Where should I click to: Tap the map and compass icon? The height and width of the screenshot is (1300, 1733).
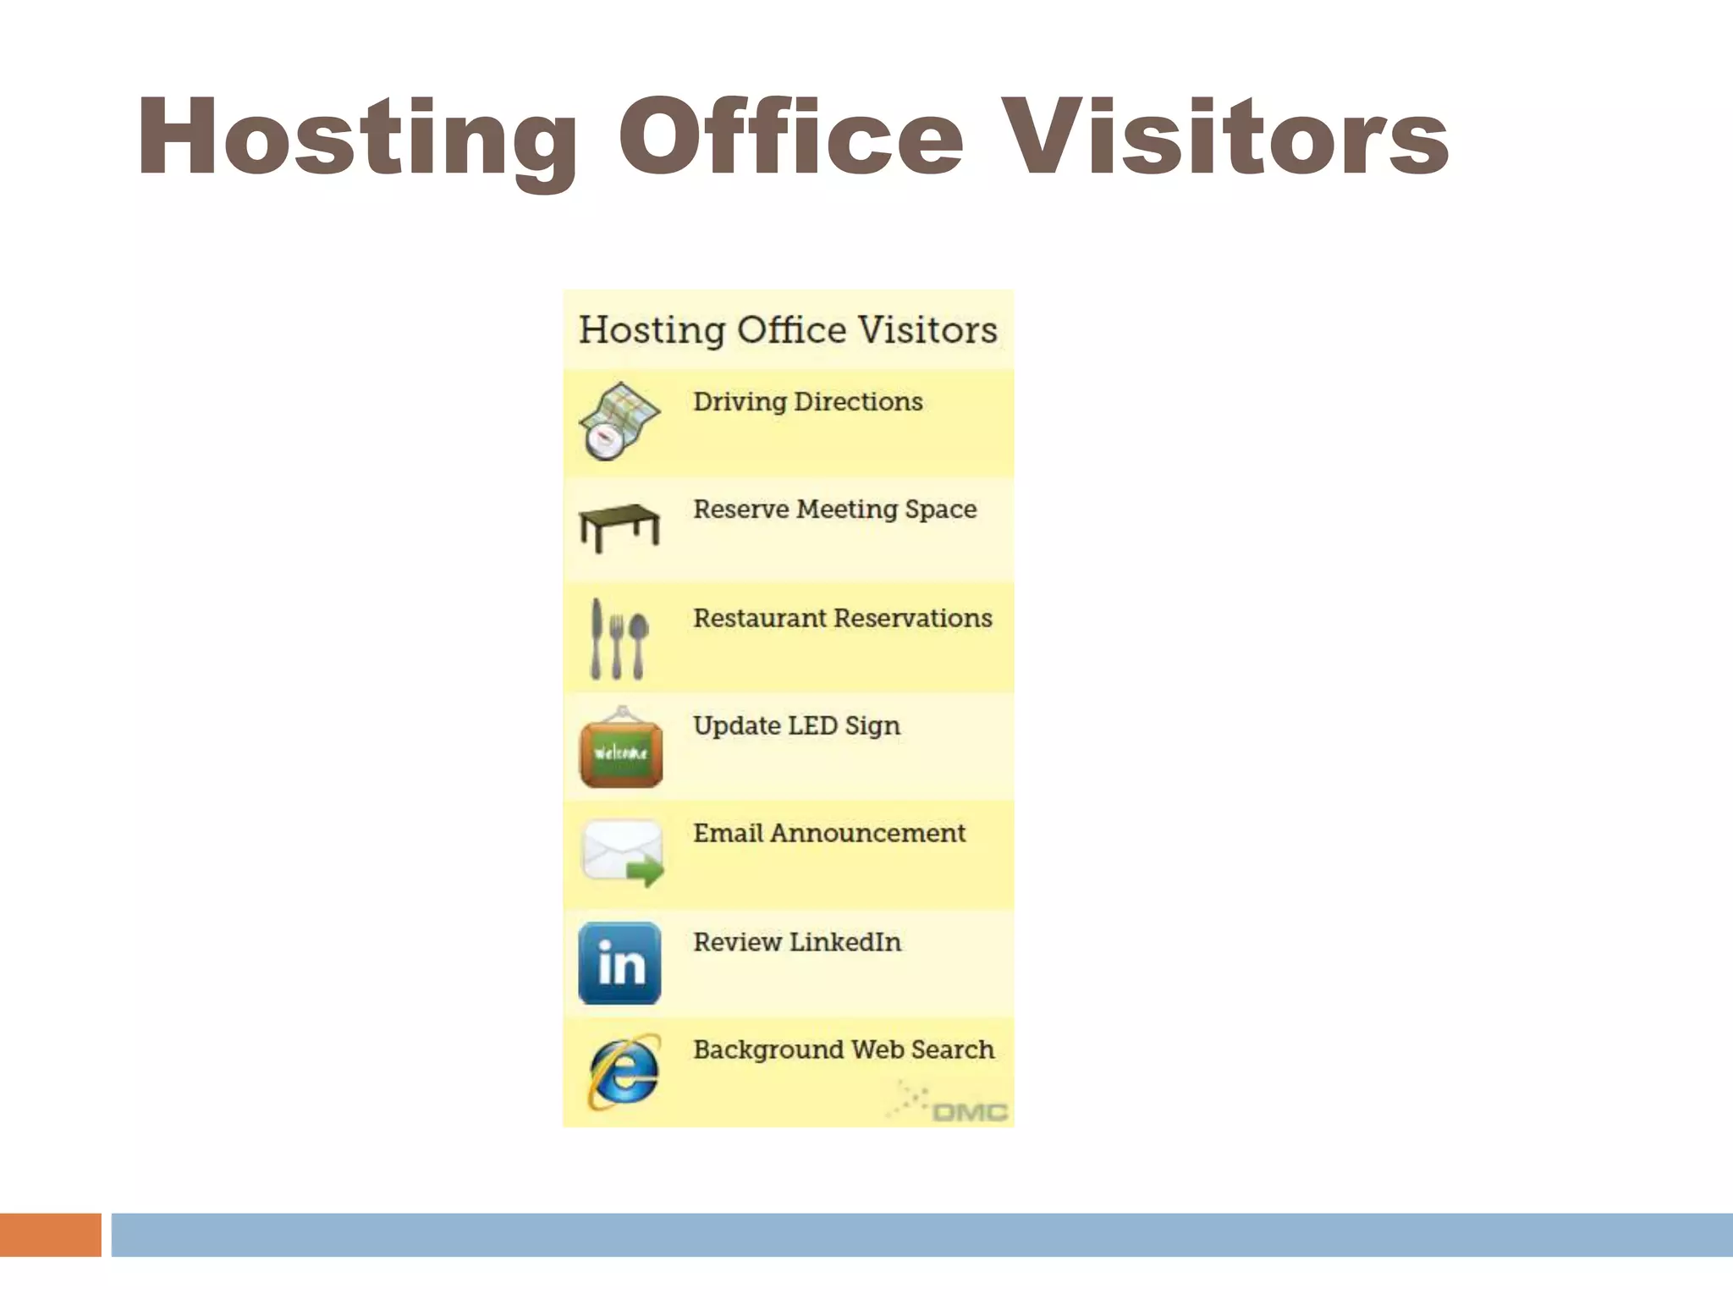click(x=619, y=421)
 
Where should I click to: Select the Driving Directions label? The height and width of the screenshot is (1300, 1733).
click(x=807, y=402)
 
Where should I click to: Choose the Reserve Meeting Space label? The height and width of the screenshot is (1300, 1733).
click(x=834, y=510)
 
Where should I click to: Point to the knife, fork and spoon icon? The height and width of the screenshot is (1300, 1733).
click(x=619, y=639)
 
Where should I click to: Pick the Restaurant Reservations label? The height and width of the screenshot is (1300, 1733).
click(x=842, y=619)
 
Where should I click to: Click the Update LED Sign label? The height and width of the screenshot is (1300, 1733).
click(x=796, y=726)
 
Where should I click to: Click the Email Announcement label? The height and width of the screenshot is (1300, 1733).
click(x=828, y=834)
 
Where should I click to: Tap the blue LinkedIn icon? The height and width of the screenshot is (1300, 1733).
click(x=620, y=963)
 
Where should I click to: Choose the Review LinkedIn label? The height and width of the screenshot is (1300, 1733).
click(x=797, y=943)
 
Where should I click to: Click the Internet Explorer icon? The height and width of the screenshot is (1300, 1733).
click(x=624, y=1071)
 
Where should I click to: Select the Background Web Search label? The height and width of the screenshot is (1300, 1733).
click(x=844, y=1050)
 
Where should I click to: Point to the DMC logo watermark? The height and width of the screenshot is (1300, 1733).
click(x=956, y=1105)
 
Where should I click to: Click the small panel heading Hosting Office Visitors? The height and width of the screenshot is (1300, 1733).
click(x=788, y=330)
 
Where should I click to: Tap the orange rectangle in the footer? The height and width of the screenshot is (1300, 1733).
click(x=50, y=1234)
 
